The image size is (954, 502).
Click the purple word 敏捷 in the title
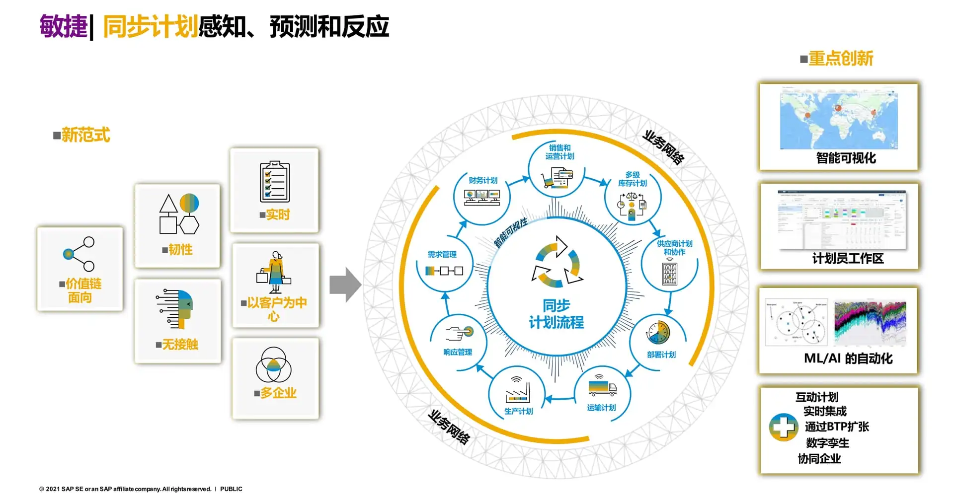[64, 26]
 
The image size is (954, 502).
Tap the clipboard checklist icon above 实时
[274, 181]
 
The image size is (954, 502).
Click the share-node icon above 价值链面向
[79, 254]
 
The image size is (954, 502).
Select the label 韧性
[180, 249]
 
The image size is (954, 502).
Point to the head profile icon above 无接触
[176, 308]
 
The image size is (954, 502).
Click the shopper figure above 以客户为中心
[274, 273]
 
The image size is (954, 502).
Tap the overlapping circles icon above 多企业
[273, 365]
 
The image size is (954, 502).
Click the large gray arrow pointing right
[345, 285]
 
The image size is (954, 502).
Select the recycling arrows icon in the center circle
[557, 262]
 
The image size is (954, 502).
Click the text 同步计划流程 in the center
[556, 314]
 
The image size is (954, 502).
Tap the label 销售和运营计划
[559, 152]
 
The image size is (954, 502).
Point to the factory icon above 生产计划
[518, 390]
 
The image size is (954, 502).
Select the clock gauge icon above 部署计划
[658, 333]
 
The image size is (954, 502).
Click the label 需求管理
[442, 254]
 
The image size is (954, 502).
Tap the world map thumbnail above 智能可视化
[838, 119]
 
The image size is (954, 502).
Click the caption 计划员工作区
[848, 258]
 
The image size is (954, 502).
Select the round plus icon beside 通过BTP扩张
[783, 427]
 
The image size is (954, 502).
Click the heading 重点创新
[841, 59]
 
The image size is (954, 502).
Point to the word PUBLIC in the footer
[231, 489]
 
